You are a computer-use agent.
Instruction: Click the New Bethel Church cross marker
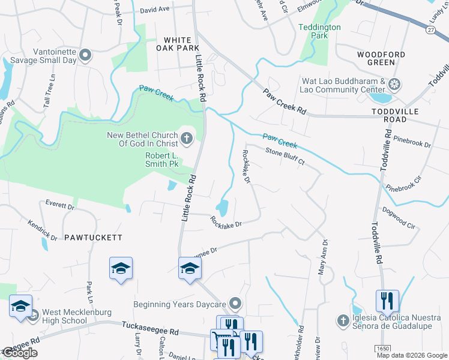(187, 140)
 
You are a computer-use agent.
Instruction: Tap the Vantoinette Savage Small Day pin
(85, 56)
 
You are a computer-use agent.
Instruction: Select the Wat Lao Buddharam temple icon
(395, 83)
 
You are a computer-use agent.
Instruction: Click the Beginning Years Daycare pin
(235, 304)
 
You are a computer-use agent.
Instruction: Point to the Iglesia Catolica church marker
(343, 321)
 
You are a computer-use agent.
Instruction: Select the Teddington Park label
(320, 31)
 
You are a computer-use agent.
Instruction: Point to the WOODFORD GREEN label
(381, 58)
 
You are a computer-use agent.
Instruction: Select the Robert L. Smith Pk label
(162, 159)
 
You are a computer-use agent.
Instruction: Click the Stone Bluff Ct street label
(285, 157)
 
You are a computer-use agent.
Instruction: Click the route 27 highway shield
(431, 29)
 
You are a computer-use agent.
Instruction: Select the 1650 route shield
(382, 348)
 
